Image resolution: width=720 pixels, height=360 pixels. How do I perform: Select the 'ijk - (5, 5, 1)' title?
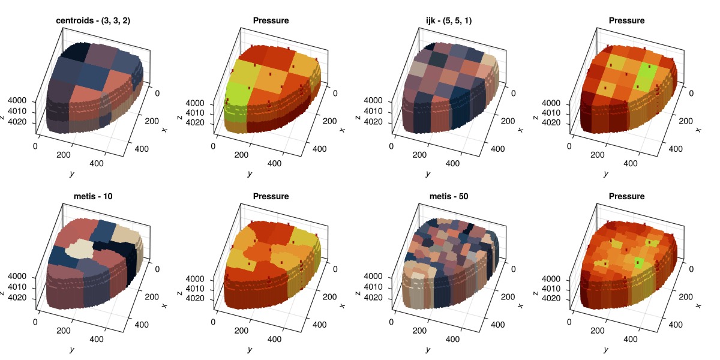pyautogui.click(x=449, y=20)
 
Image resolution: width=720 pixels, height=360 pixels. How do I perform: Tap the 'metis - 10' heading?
pyautogui.click(x=92, y=196)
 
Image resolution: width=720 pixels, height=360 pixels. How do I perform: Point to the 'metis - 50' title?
pyautogui.click(x=449, y=196)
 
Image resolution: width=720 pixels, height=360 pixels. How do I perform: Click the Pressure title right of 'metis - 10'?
pyautogui.click(x=271, y=196)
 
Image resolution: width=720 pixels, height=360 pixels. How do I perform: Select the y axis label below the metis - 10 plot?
pyautogui.click(x=71, y=350)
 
